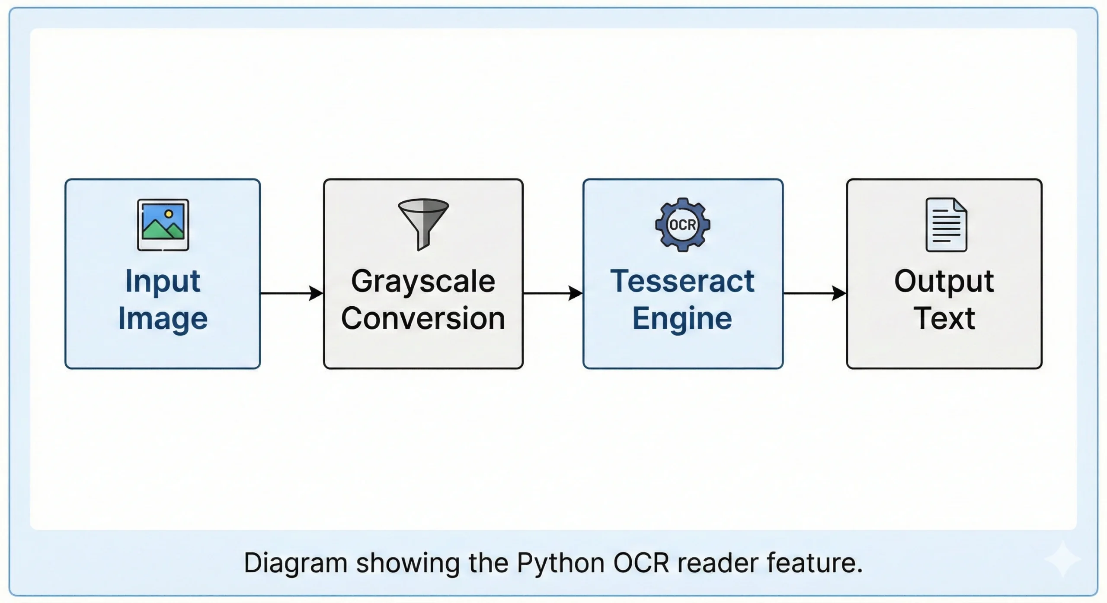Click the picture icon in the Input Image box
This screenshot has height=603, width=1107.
click(x=163, y=225)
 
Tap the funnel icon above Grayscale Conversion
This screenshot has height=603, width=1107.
click(x=423, y=223)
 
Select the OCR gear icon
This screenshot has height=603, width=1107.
click(x=682, y=225)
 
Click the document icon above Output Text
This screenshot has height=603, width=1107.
click(x=946, y=225)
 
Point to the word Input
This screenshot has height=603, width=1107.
click(x=163, y=282)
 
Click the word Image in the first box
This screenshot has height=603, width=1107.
click(x=163, y=319)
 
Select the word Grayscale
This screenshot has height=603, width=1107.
click(x=423, y=282)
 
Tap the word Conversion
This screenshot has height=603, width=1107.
click(x=423, y=319)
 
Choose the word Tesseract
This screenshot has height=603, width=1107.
click(x=682, y=282)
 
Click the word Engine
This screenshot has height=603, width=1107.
click(x=682, y=319)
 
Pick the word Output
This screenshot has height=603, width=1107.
click(x=944, y=282)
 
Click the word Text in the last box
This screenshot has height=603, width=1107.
click(x=944, y=319)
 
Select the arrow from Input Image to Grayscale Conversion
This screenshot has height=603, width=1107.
click(x=292, y=293)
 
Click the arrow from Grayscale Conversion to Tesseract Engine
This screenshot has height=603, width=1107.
click(x=553, y=293)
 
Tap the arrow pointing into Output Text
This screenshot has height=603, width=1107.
click(x=815, y=293)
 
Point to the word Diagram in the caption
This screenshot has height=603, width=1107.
click(x=295, y=563)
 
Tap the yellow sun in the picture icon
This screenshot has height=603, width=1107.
click(x=169, y=214)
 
